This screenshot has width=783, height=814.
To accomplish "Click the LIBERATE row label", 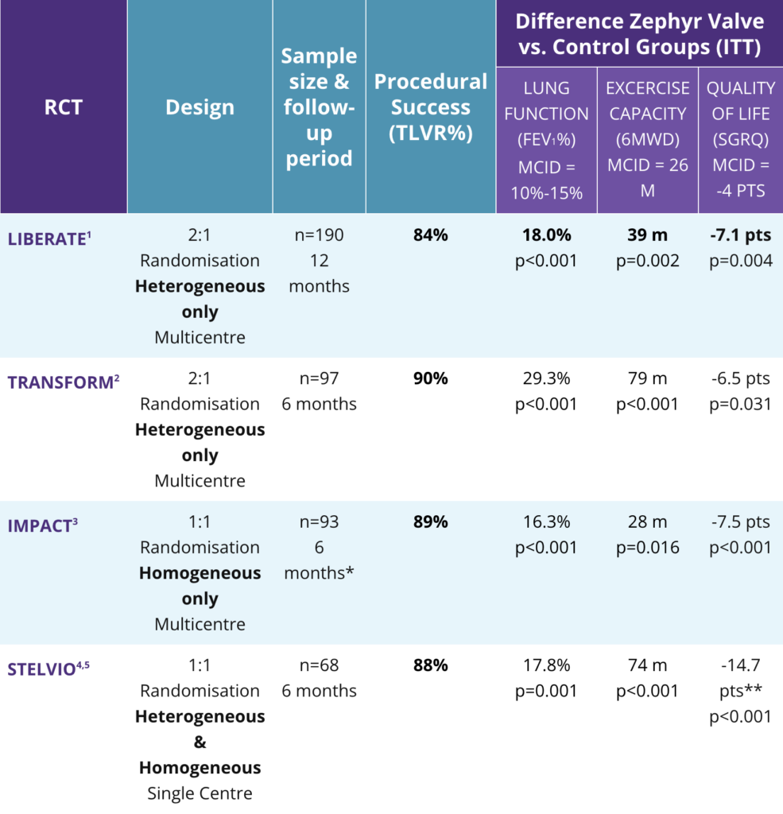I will [47, 238].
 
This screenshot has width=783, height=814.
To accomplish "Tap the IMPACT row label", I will [42, 525].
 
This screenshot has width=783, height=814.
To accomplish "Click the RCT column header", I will [63, 107].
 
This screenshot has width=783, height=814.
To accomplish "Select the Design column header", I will [200, 107].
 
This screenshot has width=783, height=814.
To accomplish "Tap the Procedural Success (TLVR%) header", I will [430, 107].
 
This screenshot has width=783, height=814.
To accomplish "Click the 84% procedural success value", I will [430, 235].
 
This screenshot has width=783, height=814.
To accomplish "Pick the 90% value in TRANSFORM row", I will [430, 378].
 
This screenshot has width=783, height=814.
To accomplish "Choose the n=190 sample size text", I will [319, 235].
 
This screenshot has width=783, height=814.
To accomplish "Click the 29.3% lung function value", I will [546, 378].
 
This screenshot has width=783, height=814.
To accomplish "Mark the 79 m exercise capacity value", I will [647, 378].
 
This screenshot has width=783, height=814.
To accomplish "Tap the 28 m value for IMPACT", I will [647, 521].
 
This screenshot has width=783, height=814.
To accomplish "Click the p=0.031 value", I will [740, 404].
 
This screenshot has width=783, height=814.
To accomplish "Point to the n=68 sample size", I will [319, 665].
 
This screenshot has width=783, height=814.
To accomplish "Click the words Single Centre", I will [200, 793].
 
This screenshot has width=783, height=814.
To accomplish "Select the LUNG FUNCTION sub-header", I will [546, 101].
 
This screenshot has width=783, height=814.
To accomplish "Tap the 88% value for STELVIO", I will [430, 665].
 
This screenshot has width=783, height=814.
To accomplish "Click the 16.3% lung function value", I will [546, 521].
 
